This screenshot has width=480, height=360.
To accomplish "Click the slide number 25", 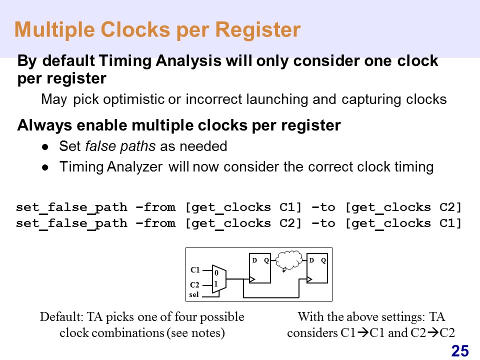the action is click(460, 351).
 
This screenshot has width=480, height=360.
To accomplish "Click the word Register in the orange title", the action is click(258, 29).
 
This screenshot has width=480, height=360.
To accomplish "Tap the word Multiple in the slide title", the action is click(55, 29).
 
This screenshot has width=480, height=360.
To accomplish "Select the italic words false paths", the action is click(120, 146).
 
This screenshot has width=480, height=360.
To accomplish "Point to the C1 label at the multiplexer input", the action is click(195, 269).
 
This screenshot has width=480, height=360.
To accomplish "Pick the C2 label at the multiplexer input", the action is click(194, 284).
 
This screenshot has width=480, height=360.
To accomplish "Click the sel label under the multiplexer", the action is click(194, 294).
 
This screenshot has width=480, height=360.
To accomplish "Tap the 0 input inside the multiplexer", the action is click(216, 273).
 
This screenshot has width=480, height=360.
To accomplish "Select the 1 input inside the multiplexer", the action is click(216, 284).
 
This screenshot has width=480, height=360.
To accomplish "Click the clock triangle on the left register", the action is click(252, 279).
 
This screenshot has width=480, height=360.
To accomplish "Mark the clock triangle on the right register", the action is click(309, 279).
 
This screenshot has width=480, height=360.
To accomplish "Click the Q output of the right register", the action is click(323, 260).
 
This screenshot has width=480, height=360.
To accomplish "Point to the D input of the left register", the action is click(254, 260).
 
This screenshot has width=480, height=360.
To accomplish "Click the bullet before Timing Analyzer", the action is click(45, 167).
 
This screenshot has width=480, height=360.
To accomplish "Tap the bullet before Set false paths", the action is click(45, 147).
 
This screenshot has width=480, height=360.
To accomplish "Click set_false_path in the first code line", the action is click(71, 208).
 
